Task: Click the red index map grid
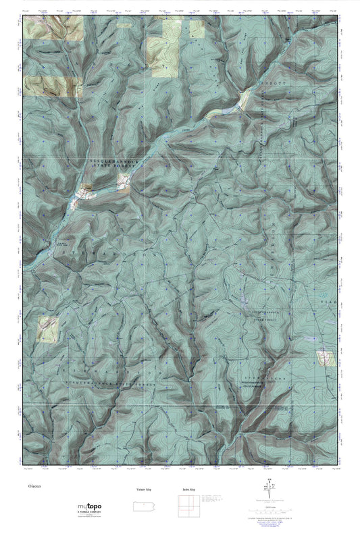coord(187,508)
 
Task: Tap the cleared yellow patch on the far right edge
coord(326,357)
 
